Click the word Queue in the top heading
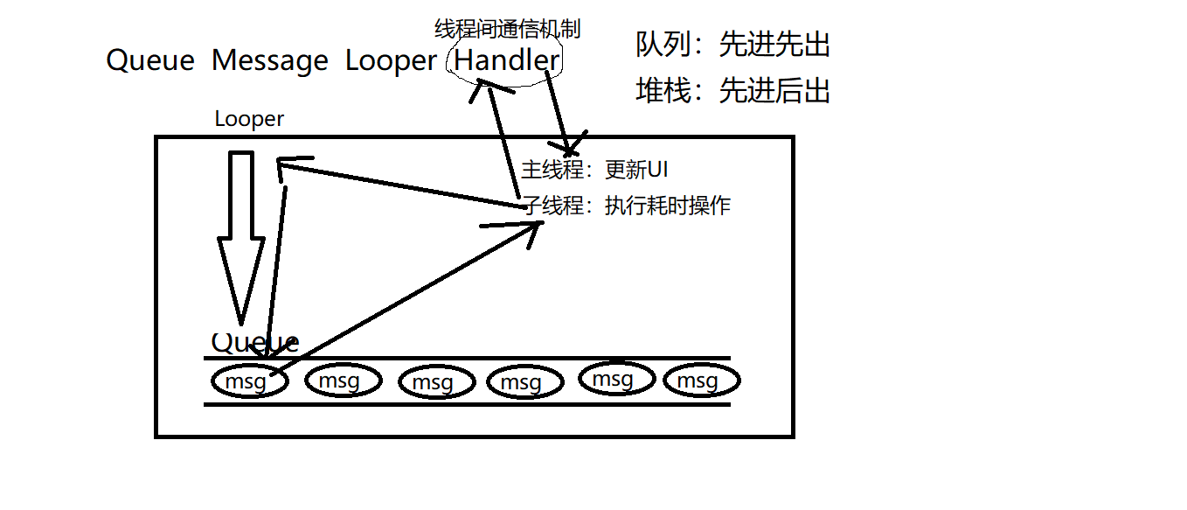pyautogui.click(x=149, y=60)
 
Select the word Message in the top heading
pyautogui.click(x=269, y=60)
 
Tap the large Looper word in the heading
pyautogui.click(x=391, y=60)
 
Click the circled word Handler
pyautogui.click(x=507, y=59)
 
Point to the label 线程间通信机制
pyautogui.click(x=507, y=29)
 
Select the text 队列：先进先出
pyautogui.click(x=732, y=45)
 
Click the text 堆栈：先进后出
pyautogui.click(x=732, y=90)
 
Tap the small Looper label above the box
pyautogui.click(x=249, y=119)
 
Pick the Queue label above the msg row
pyautogui.click(x=254, y=343)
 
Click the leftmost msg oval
pyautogui.click(x=249, y=381)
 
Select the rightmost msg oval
pyautogui.click(x=701, y=381)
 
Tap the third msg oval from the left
pyautogui.click(x=435, y=382)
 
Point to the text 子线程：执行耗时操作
pyautogui.click(x=626, y=206)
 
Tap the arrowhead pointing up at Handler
pyautogui.click(x=483, y=84)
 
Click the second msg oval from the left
pyautogui.click(x=343, y=381)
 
